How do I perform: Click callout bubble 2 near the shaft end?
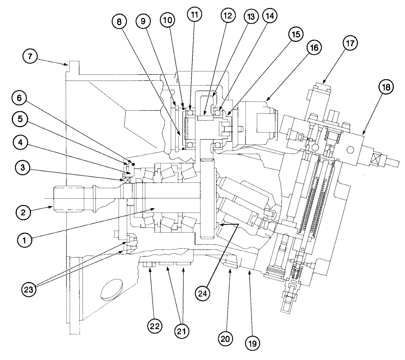[24, 211]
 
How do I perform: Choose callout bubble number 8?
[119, 22]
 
